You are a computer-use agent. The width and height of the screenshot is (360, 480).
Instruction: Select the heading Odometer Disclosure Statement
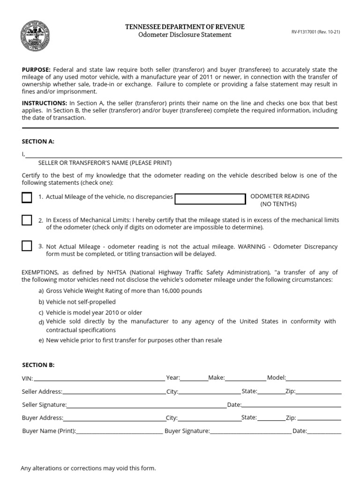pos(184,35)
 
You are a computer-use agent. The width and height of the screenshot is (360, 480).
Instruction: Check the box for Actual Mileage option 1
pos(27,197)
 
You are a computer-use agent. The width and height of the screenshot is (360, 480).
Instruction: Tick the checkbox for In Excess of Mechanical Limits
pos(27,220)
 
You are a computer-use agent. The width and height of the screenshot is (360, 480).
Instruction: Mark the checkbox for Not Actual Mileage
pos(27,246)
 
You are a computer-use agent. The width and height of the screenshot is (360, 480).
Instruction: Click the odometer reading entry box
pos(210,199)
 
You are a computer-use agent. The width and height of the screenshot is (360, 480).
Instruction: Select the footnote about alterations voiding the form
pos(88,468)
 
